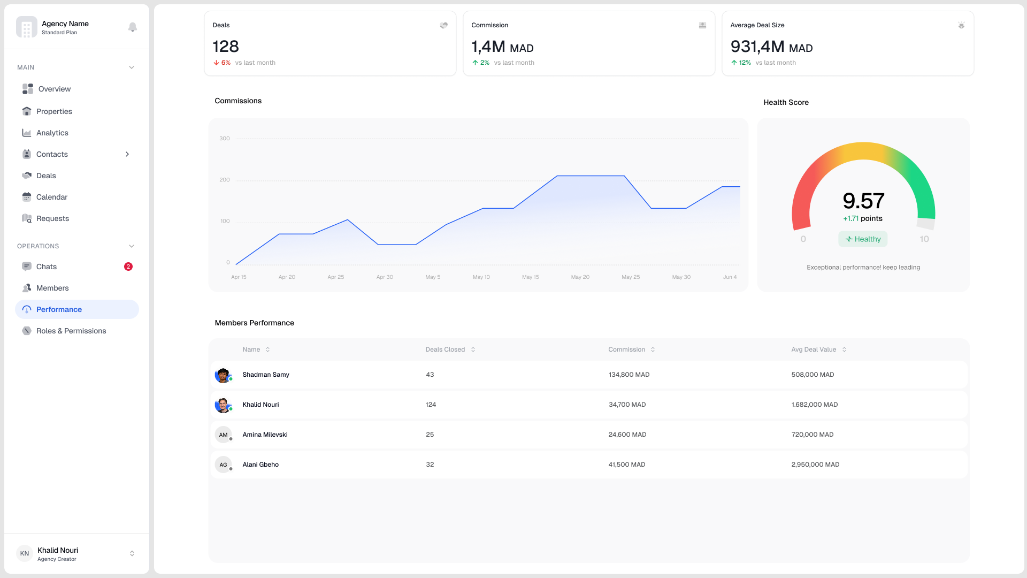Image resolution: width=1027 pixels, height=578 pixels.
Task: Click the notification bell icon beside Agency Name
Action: coord(133,27)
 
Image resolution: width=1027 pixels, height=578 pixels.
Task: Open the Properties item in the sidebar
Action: coord(54,111)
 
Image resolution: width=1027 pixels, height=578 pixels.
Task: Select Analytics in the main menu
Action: coord(52,133)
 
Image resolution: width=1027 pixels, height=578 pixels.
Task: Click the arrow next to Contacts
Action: coord(127,154)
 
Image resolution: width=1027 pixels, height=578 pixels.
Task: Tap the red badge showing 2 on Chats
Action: coord(128,267)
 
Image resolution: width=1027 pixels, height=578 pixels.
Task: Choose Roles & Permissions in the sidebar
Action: coord(71,331)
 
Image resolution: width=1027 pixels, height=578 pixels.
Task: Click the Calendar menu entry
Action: coord(51,197)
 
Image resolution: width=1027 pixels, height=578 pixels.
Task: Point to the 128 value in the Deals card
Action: coord(226,47)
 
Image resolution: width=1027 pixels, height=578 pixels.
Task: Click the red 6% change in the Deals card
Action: coord(223,63)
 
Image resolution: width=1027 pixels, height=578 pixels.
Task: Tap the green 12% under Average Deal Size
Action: coord(741,63)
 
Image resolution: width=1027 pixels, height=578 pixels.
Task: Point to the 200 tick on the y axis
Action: coord(225,180)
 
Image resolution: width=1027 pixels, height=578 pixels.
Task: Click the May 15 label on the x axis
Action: coord(530,277)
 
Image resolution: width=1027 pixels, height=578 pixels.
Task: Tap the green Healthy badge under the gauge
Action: coord(863,239)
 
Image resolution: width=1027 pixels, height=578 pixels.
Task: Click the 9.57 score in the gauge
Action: coord(863,201)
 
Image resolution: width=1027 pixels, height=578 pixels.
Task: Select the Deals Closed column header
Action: coord(445,349)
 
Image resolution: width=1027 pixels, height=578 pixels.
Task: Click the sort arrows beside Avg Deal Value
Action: coord(845,349)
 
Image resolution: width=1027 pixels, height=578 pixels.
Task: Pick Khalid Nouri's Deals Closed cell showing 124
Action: coord(431,405)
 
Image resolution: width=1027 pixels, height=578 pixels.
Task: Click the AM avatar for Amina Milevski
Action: coord(223,435)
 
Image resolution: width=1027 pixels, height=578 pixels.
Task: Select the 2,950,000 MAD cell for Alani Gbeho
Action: coord(815,465)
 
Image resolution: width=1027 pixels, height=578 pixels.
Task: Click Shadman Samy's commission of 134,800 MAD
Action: coord(629,375)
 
